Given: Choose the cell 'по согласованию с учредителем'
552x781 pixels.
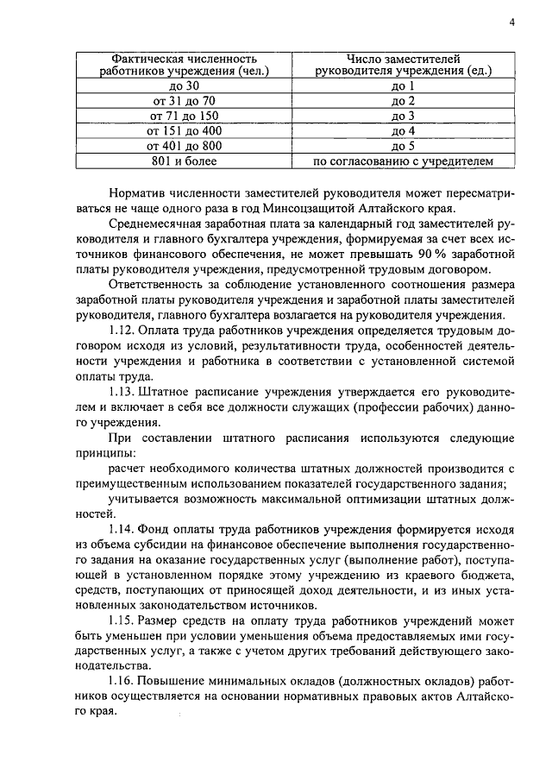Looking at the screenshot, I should (403, 161).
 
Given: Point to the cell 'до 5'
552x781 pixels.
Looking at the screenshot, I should (403, 146).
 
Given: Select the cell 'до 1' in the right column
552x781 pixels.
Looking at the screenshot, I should (403, 86).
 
